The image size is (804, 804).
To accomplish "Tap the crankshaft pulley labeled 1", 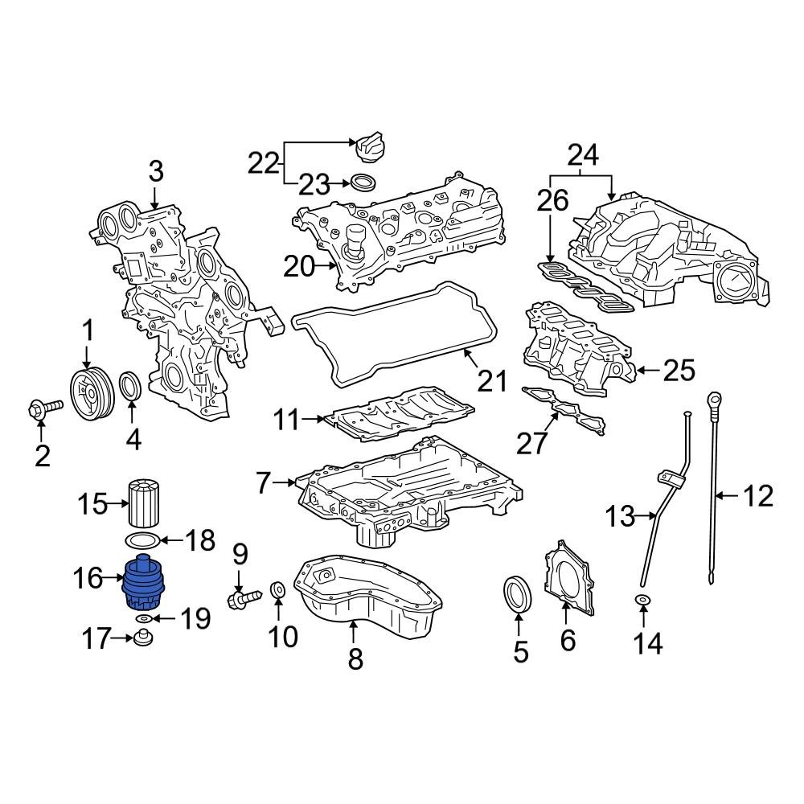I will (x=88, y=394).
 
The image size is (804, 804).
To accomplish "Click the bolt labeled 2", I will (x=42, y=409).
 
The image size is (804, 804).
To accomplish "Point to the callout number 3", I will (x=155, y=170).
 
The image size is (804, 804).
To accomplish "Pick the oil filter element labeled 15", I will (x=146, y=501).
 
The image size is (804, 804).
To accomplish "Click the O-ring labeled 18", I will (x=144, y=540).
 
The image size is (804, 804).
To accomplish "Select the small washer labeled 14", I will (x=643, y=601).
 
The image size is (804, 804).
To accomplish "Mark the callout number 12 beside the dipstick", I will (x=757, y=496).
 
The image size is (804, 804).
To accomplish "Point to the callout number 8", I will (x=355, y=659).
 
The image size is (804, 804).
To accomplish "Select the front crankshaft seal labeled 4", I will (x=131, y=386).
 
